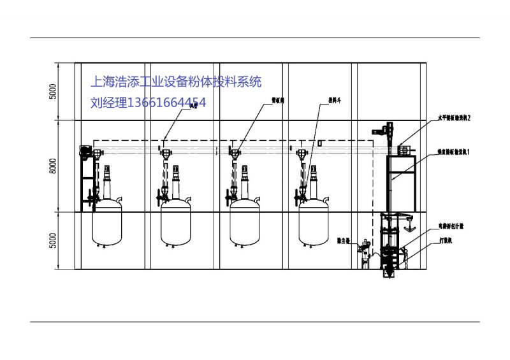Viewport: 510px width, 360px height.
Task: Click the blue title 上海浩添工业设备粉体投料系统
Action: (x=177, y=82)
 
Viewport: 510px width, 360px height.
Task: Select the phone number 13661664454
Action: (x=166, y=103)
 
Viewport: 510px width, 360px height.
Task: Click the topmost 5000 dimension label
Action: (x=54, y=91)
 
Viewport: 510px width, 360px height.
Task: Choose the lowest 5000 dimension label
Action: (x=54, y=240)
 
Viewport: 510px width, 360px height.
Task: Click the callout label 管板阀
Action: (x=259, y=100)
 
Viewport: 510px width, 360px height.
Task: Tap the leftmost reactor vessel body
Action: (x=106, y=223)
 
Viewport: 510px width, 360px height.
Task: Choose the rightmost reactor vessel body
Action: (x=314, y=223)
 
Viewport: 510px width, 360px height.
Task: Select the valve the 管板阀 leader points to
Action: (x=234, y=153)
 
